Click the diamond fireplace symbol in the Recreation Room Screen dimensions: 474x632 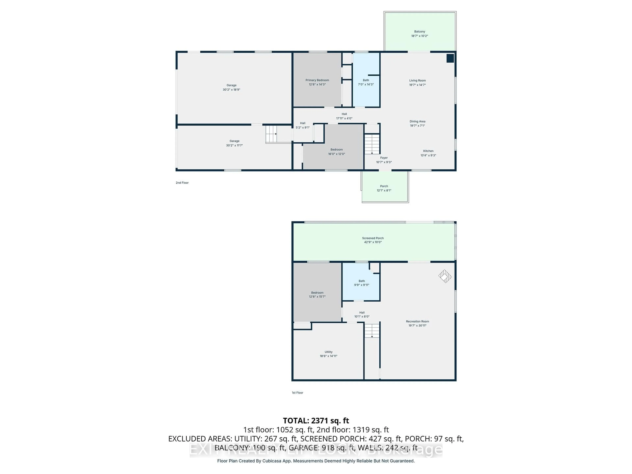tap(445, 276)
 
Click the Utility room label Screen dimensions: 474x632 tap(328, 352)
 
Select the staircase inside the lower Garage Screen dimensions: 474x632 tap(271, 134)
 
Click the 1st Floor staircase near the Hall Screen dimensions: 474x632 tap(372, 331)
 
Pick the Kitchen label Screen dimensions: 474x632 tap(428, 151)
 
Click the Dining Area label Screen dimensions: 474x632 tap(417, 121)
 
